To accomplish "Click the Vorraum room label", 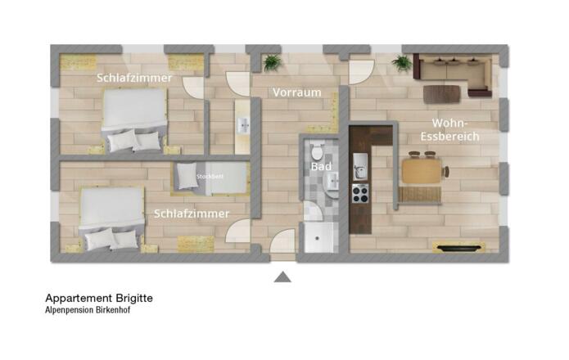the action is (297, 92).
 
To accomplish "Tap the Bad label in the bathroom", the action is (321, 166).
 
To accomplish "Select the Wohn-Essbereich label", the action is (450, 130).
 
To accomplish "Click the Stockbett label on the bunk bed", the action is (210, 177).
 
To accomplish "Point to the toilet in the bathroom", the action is (317, 150).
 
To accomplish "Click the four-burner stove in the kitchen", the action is (360, 193).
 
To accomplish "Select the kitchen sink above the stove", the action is (360, 166).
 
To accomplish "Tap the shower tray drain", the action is (317, 238).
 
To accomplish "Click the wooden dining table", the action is (422, 171).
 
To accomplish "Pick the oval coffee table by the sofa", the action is (442, 94).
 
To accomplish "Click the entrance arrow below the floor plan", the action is (282, 277).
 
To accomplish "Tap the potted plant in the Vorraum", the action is (272, 62).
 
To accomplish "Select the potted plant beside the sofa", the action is (402, 63).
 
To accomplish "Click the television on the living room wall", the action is (459, 249).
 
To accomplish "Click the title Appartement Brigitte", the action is (99, 299).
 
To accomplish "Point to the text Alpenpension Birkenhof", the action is (88, 310).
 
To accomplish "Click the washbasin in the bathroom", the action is (332, 182).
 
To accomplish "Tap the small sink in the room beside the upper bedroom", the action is (243, 125).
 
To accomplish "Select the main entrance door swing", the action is (282, 241).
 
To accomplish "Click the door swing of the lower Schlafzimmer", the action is (237, 231).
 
